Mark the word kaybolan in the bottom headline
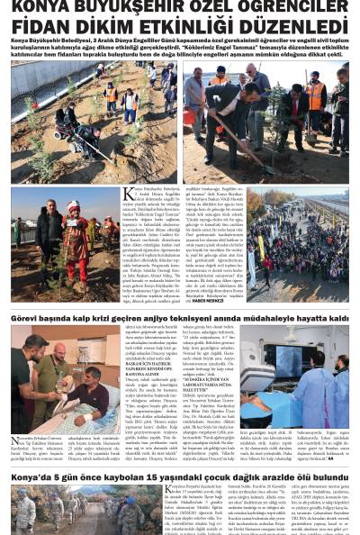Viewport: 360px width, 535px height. tap(125, 476)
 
